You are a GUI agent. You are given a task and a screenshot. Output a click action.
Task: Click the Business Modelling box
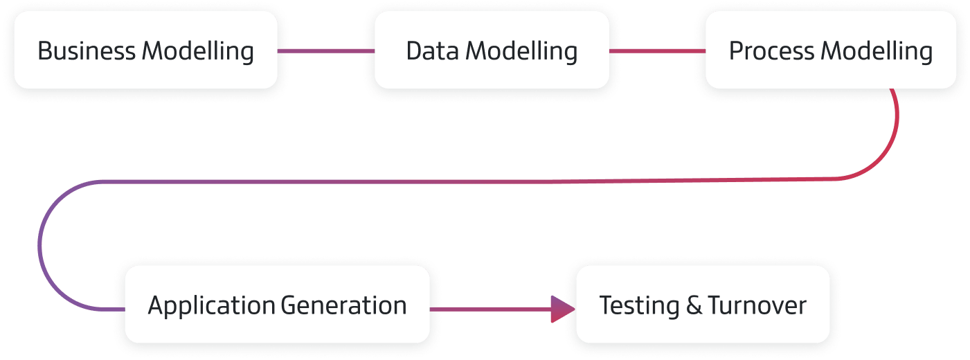point(145,50)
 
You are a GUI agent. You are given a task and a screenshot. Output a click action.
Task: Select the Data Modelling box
point(492,50)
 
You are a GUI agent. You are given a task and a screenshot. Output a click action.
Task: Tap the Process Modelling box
point(831,50)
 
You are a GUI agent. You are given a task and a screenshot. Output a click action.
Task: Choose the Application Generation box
point(277,305)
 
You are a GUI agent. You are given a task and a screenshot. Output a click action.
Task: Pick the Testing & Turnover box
point(703,305)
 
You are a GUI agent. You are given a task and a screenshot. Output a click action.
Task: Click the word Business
point(87,51)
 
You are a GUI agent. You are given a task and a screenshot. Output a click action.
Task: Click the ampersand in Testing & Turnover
point(694,306)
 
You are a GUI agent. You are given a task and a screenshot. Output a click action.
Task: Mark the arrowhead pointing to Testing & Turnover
point(562,309)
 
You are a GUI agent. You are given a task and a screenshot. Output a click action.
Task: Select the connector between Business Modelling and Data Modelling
point(325,51)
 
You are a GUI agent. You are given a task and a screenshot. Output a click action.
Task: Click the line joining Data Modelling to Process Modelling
point(656,51)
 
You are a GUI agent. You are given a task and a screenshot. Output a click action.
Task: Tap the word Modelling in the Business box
point(198,51)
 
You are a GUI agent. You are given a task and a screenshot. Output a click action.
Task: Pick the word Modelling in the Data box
point(521,51)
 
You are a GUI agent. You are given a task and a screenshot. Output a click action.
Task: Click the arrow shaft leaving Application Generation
point(488,309)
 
